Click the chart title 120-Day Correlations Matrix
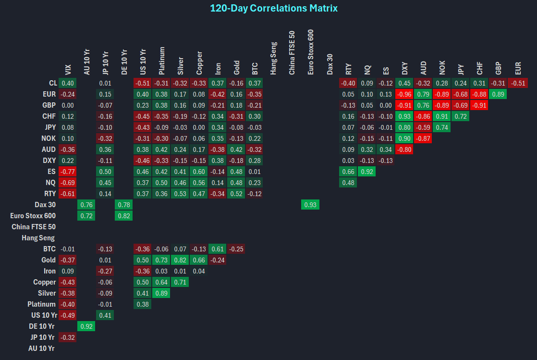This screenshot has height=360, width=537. [x=274, y=8]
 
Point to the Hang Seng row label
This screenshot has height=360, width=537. [x=38, y=238]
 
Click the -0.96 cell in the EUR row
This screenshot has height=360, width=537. [x=404, y=94]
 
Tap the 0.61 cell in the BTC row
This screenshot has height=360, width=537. [x=218, y=249]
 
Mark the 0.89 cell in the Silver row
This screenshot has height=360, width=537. [x=161, y=293]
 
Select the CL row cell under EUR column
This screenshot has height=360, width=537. [x=518, y=83]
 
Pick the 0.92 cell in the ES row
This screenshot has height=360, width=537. [x=366, y=172]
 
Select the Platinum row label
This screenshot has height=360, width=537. [x=41, y=304]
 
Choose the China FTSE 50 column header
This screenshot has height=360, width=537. [x=292, y=53]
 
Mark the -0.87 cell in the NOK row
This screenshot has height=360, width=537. [x=423, y=138]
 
